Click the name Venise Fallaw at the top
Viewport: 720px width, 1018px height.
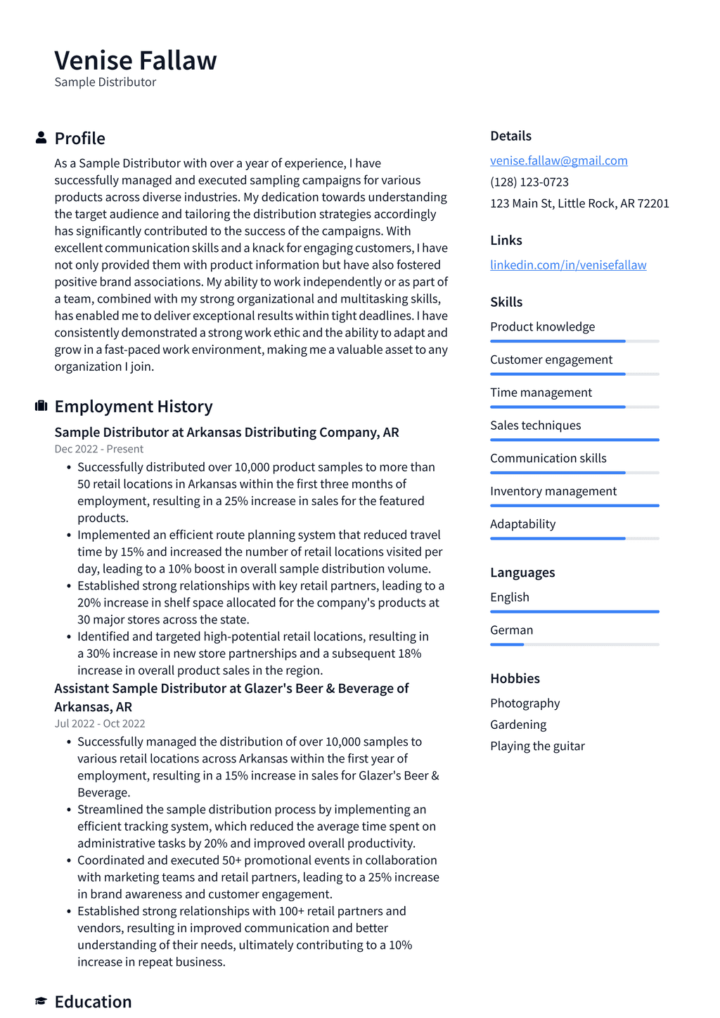(x=136, y=61)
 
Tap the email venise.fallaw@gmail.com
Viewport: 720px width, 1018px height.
(x=558, y=160)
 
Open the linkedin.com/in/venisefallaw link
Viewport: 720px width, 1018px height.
(x=568, y=265)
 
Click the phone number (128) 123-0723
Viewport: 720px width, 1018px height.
(x=529, y=182)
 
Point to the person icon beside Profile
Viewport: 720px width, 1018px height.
(x=41, y=138)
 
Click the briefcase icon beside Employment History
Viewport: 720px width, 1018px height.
(x=41, y=406)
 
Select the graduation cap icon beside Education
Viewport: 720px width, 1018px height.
(x=41, y=1000)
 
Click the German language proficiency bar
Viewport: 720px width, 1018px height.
(x=574, y=644)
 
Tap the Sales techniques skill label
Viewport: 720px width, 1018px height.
(x=535, y=426)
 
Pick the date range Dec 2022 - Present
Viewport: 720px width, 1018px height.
(x=98, y=449)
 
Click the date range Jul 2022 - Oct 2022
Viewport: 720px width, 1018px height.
(x=100, y=723)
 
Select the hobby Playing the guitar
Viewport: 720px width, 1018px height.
(x=537, y=746)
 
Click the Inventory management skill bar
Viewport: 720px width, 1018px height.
(x=574, y=505)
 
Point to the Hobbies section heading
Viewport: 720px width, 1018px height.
(x=515, y=678)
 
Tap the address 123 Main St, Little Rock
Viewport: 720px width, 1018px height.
(x=579, y=203)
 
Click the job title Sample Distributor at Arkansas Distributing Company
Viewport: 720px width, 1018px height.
(x=226, y=432)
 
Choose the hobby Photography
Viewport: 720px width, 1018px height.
(x=525, y=703)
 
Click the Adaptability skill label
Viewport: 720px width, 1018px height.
(x=522, y=524)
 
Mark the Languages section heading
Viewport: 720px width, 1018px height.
(x=522, y=573)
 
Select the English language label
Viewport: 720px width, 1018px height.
(x=509, y=597)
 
